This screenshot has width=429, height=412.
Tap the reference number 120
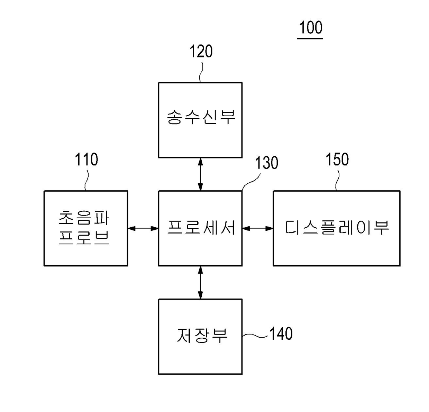(x=201, y=52)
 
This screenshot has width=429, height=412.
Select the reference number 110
(x=86, y=160)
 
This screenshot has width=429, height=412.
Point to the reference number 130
(x=266, y=163)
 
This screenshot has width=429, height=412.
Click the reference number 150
(x=337, y=159)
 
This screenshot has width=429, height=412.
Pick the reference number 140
(x=281, y=334)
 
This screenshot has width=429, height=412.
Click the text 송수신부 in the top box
(x=201, y=117)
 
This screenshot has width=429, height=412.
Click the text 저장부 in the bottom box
(x=202, y=335)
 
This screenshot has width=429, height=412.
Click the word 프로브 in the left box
(x=84, y=238)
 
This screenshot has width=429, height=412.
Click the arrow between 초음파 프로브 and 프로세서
(x=143, y=228)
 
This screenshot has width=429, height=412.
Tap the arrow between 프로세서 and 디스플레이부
(x=257, y=228)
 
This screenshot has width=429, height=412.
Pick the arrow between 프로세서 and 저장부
(x=200, y=282)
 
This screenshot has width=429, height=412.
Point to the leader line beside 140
(x=255, y=335)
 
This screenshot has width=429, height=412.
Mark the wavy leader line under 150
(x=336, y=179)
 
